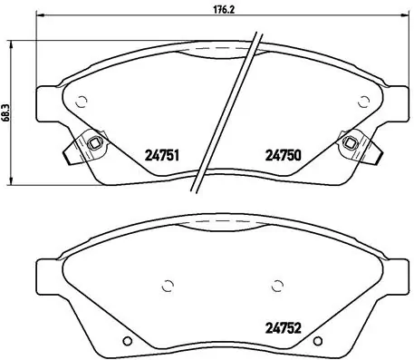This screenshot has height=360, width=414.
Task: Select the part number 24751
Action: click(159, 154)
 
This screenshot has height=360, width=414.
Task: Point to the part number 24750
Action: click(281, 154)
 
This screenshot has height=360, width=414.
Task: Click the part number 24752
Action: click(281, 329)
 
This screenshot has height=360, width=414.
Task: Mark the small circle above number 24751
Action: click(82, 102)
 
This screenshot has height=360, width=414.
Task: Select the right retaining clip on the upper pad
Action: click(349, 143)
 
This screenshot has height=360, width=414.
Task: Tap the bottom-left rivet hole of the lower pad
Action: click(128, 342)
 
